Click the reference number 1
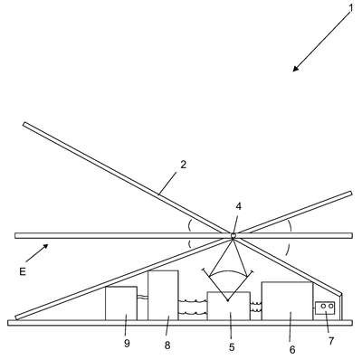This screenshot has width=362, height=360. [x=350, y=8]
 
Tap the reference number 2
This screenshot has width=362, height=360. [x=184, y=165]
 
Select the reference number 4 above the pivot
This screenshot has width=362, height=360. [x=239, y=206]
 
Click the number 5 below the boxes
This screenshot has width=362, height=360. [x=232, y=347]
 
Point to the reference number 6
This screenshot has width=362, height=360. [x=292, y=350]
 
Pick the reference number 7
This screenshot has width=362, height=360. [x=331, y=341]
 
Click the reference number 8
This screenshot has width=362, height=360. [x=167, y=346]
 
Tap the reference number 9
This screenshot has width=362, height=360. [x=127, y=343]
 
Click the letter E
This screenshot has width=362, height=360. [x=23, y=272]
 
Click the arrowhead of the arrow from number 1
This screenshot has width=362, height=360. [x=296, y=69]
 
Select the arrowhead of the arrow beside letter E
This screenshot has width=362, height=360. [x=45, y=247]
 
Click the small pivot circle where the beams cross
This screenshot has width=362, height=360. [x=233, y=235]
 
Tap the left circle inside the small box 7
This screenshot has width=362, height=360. [x=323, y=306]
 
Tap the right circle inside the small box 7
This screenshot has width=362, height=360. [x=330, y=306]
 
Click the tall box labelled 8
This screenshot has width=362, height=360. [x=163, y=295]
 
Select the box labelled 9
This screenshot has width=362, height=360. [x=121, y=303]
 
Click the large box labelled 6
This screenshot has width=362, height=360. [x=287, y=301]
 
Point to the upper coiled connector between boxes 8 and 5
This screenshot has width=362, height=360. [x=193, y=300]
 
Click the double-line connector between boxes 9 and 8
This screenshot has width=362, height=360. [x=142, y=297]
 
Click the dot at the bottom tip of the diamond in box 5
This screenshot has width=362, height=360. [x=228, y=300]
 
